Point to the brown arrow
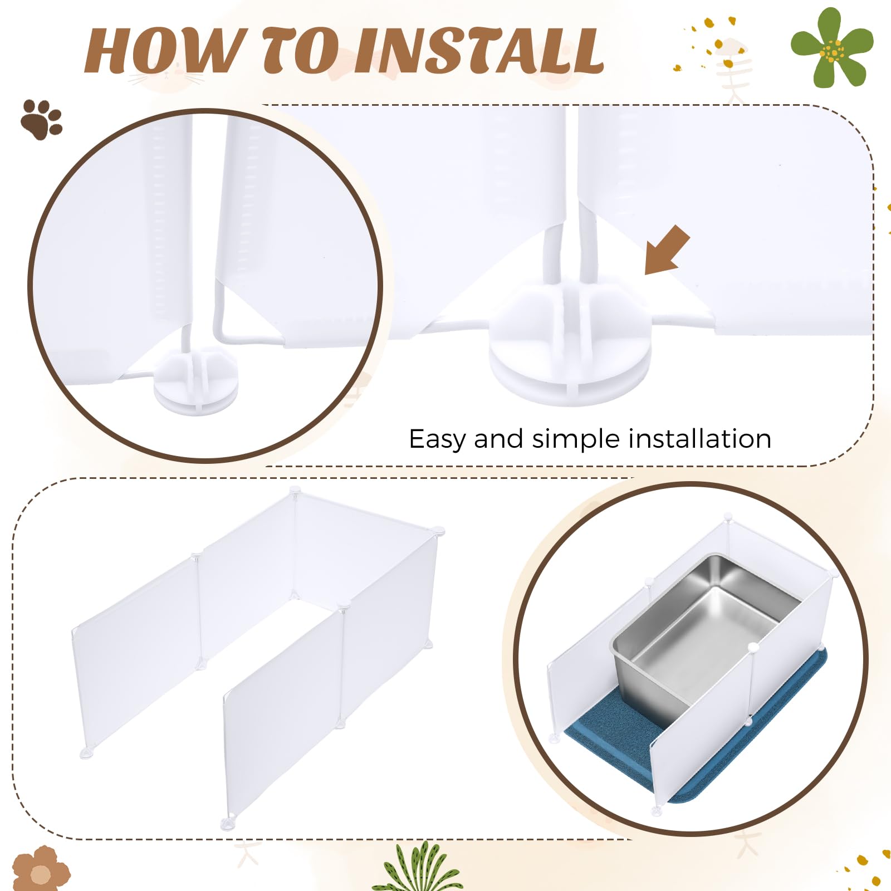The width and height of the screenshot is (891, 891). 667,250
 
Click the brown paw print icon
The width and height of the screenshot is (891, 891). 42,119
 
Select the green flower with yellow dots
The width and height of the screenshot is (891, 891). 832,48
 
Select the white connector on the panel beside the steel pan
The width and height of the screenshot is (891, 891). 753,647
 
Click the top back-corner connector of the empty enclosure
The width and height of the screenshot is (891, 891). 295,490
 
